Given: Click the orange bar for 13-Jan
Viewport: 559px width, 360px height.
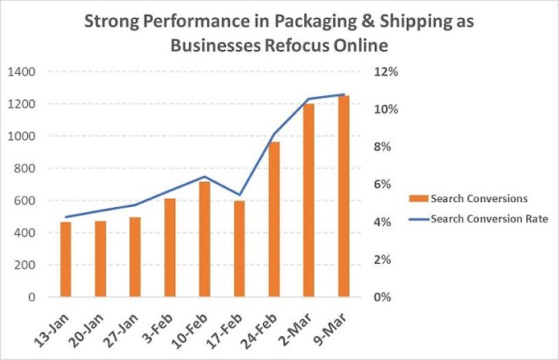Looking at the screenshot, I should pyautogui.click(x=65, y=259).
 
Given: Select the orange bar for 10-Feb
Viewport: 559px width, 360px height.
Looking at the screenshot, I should pyautogui.click(x=205, y=239).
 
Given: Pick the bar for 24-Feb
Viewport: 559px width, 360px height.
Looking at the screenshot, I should pyautogui.click(x=275, y=219).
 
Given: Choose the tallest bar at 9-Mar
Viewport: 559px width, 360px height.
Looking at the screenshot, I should pyautogui.click(x=344, y=196).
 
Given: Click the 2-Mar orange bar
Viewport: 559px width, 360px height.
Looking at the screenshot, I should pyautogui.click(x=309, y=201).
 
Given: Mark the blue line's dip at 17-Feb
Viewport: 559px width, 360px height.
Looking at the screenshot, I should pyautogui.click(x=239, y=195).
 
